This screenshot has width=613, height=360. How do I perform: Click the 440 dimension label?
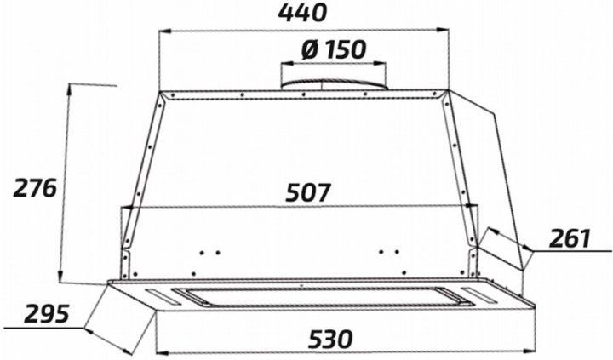301,13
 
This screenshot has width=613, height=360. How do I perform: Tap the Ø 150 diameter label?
334,49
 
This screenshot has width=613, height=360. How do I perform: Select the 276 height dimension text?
35,188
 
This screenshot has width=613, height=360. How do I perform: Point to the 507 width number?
308,192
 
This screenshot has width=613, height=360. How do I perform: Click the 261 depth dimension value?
570,238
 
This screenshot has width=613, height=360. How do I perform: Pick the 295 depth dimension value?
47,314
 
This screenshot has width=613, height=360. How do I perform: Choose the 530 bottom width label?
330,339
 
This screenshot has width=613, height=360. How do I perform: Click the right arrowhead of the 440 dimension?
443,30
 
